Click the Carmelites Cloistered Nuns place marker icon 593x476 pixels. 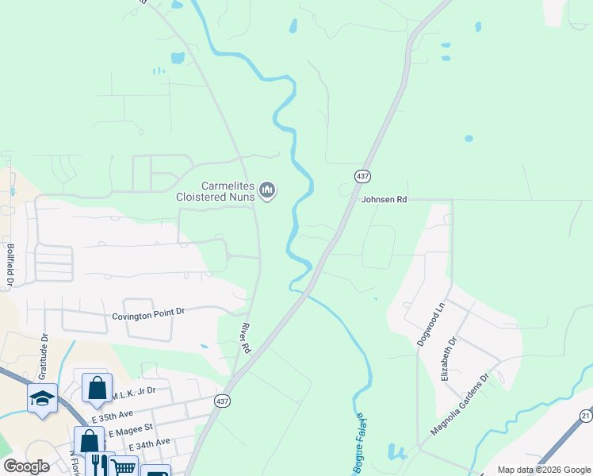(x=268, y=190)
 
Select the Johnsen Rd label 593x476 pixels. (x=384, y=200)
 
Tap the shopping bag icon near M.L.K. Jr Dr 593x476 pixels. (x=96, y=388)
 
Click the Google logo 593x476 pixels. (x=27, y=466)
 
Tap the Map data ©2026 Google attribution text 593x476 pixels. (x=543, y=470)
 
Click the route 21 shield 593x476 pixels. (x=586, y=416)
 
